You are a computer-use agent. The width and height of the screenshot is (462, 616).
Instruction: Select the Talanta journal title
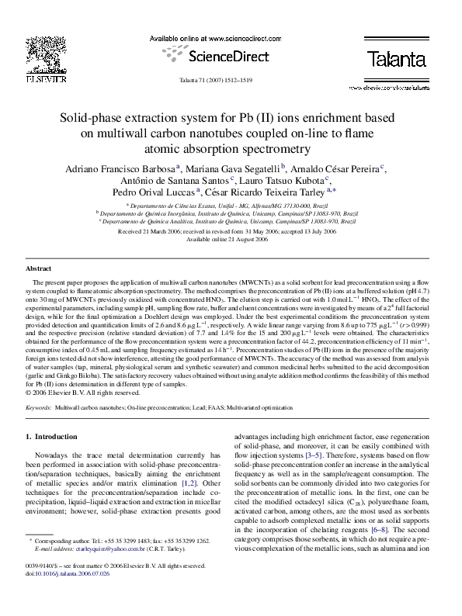(x=397, y=58)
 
